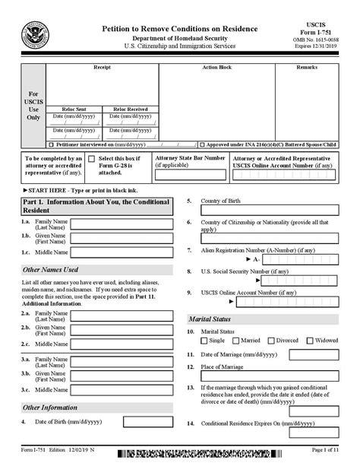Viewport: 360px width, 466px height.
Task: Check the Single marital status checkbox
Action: (204, 341)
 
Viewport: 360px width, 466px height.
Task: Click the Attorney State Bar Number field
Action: (190, 174)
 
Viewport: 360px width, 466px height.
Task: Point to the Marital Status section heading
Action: (211, 319)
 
